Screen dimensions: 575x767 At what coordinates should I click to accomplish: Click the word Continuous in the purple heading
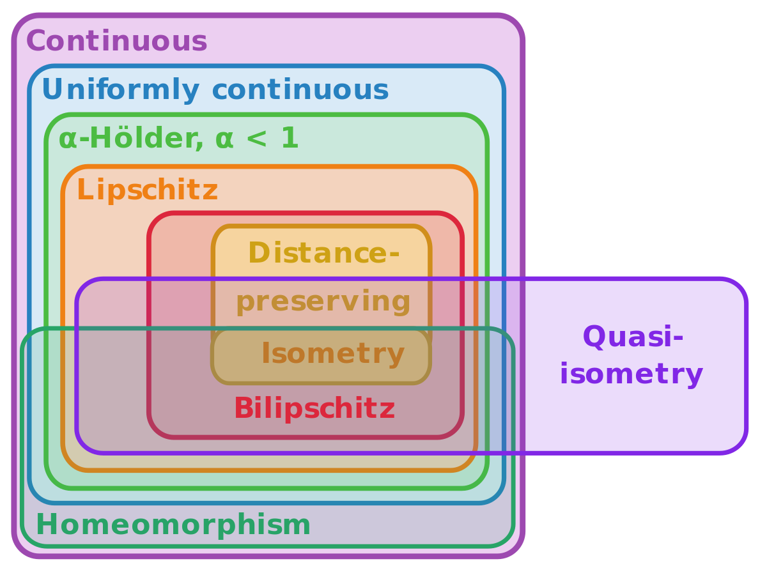tap(117, 42)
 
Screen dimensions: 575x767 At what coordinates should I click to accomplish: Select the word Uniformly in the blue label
tap(120, 90)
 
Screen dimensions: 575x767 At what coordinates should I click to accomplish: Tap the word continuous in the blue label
tap(300, 90)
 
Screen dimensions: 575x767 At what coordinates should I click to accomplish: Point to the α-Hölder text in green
tap(130, 139)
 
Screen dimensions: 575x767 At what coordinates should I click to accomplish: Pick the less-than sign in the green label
tap(256, 139)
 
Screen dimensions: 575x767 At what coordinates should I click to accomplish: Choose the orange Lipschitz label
tap(147, 190)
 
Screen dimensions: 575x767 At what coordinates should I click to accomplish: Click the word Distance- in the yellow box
tap(323, 253)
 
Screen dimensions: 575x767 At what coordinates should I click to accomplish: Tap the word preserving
tap(323, 302)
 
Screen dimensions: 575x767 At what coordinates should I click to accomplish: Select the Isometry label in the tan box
tap(332, 353)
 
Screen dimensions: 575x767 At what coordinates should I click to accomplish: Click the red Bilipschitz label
tap(314, 409)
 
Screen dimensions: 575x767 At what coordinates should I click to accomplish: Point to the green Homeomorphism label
tap(173, 525)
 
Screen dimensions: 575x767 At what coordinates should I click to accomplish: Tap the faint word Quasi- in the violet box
tap(633, 337)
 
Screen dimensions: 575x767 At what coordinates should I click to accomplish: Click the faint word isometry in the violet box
tap(633, 374)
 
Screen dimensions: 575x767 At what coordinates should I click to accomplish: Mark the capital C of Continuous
tap(35, 42)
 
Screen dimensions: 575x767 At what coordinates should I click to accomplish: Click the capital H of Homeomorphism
tap(47, 525)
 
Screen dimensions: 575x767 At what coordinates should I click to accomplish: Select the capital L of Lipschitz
tap(84, 190)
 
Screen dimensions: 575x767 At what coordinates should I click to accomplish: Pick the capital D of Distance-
tap(258, 253)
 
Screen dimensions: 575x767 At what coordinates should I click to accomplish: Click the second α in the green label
tap(224, 139)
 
